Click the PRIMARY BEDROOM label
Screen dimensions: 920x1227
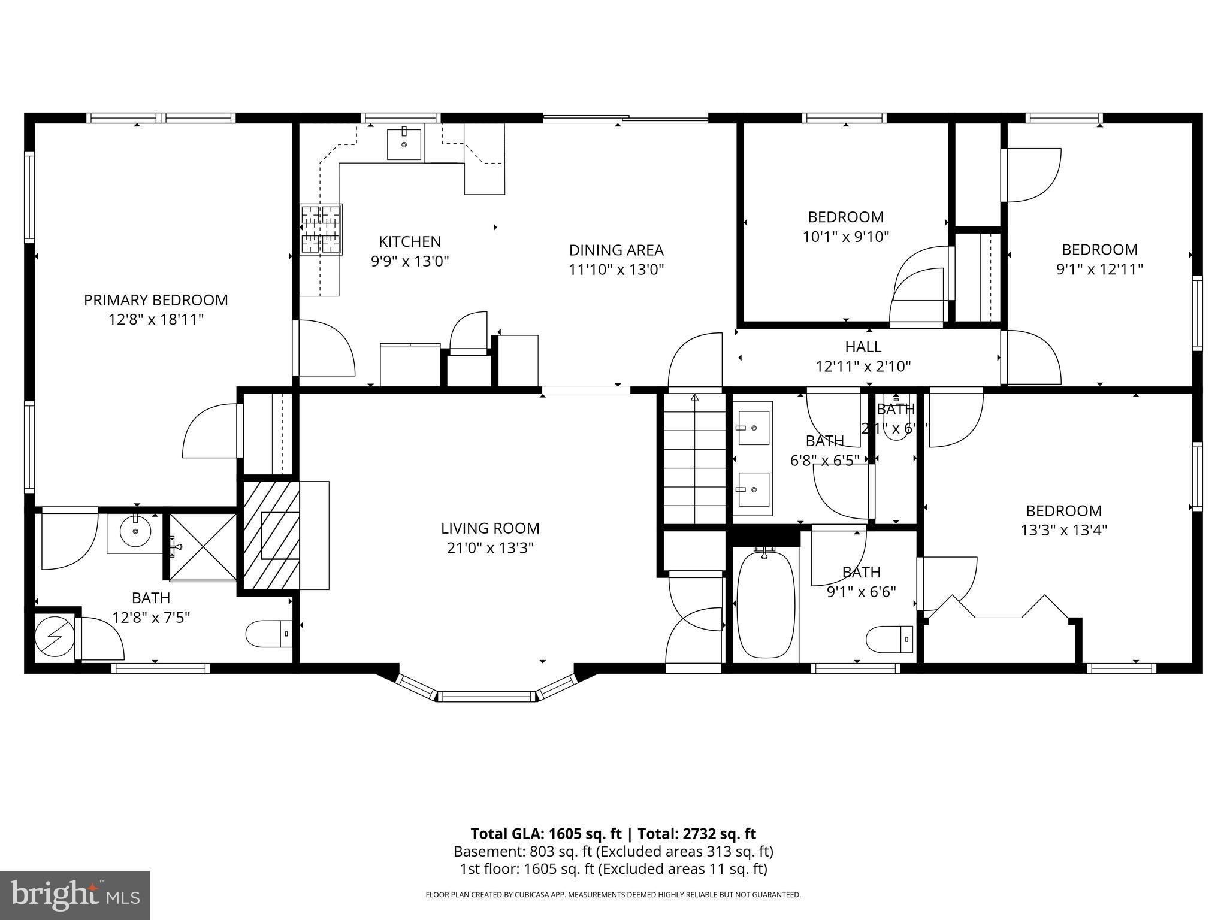(156, 300)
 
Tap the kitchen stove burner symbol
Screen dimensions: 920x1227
(322, 229)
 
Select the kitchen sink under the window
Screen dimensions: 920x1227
(404, 144)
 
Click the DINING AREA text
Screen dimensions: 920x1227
(616, 250)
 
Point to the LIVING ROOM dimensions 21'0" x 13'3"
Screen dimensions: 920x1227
(490, 548)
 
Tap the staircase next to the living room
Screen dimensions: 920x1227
(694, 458)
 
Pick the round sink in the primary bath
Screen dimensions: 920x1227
(135, 531)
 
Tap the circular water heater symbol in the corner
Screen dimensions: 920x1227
(54, 636)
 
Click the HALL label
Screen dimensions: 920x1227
(863, 347)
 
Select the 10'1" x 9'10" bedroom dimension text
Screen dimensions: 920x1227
(845, 237)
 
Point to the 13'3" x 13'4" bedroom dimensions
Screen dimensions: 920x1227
(1063, 530)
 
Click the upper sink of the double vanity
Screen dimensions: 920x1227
(754, 428)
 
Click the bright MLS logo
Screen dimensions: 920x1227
(75, 895)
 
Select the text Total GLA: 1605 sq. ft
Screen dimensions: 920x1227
(546, 834)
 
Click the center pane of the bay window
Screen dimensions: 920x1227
(486, 696)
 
